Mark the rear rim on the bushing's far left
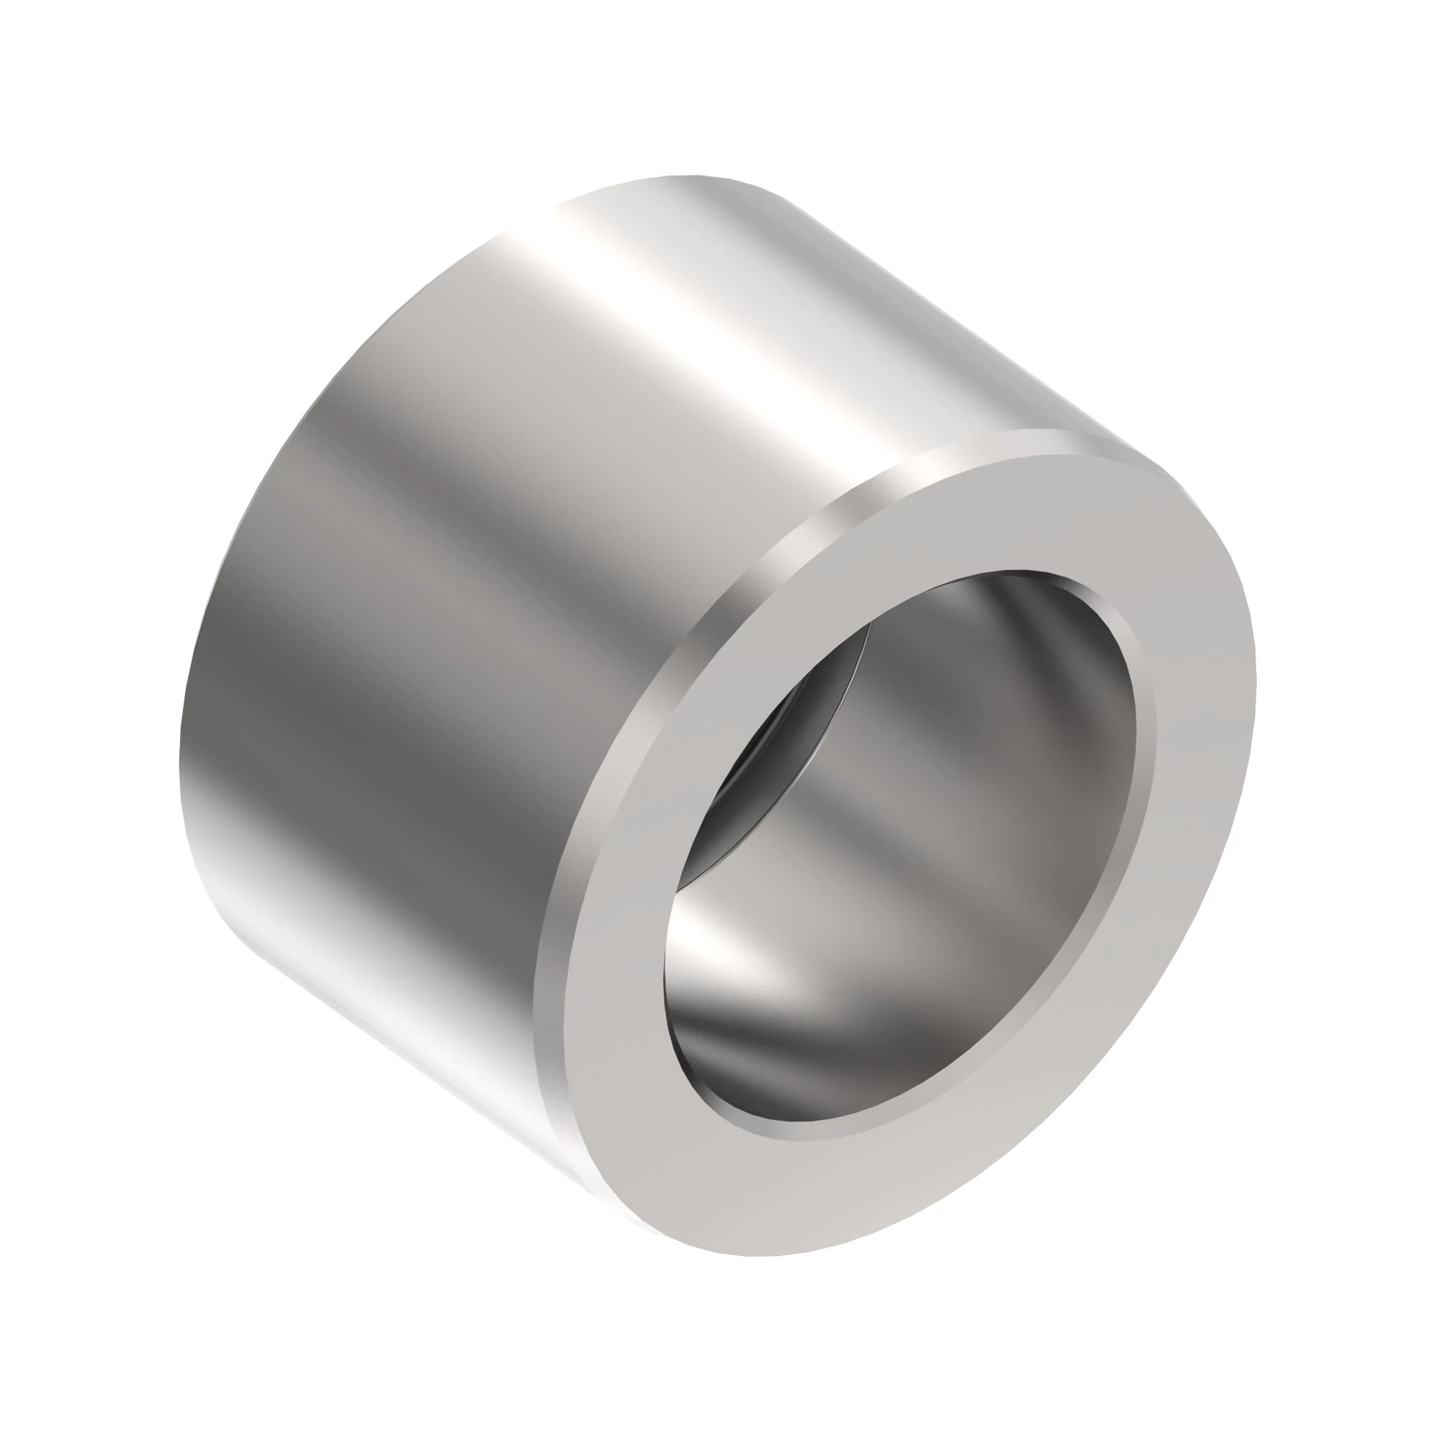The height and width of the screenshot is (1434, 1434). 186,742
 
